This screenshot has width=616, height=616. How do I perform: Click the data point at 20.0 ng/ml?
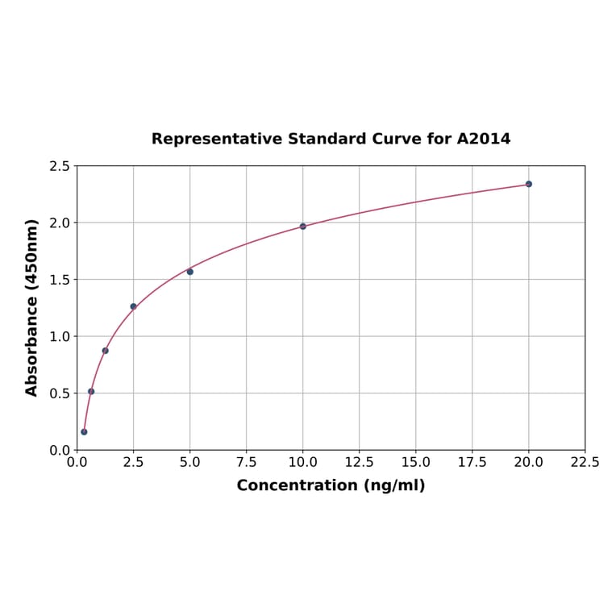(x=529, y=184)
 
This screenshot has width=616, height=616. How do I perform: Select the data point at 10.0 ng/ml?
(x=303, y=227)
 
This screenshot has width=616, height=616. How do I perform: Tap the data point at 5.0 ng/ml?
(x=190, y=272)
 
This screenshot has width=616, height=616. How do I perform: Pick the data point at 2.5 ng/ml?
(x=133, y=306)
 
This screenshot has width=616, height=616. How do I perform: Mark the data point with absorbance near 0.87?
(x=105, y=351)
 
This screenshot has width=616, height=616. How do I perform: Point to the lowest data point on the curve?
(x=84, y=432)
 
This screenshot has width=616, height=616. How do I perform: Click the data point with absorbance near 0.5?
(x=91, y=392)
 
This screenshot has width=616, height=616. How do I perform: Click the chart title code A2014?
(x=484, y=139)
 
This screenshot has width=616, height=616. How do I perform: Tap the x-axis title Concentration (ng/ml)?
(x=331, y=485)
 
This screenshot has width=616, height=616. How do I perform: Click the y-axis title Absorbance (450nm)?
(x=32, y=307)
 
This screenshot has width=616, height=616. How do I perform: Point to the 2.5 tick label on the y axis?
(x=60, y=166)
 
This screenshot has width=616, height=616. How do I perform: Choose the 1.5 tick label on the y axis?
(x=60, y=280)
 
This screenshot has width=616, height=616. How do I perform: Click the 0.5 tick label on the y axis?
(x=60, y=393)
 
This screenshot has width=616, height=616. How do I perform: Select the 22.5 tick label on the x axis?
(x=585, y=463)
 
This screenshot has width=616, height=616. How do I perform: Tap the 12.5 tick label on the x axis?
(x=359, y=463)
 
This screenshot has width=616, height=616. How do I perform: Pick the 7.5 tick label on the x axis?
(x=246, y=463)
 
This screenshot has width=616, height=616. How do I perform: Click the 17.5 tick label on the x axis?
(x=472, y=463)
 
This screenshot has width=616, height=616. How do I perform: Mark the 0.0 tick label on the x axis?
(x=77, y=463)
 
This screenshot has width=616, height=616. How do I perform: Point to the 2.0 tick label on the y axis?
(x=60, y=223)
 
